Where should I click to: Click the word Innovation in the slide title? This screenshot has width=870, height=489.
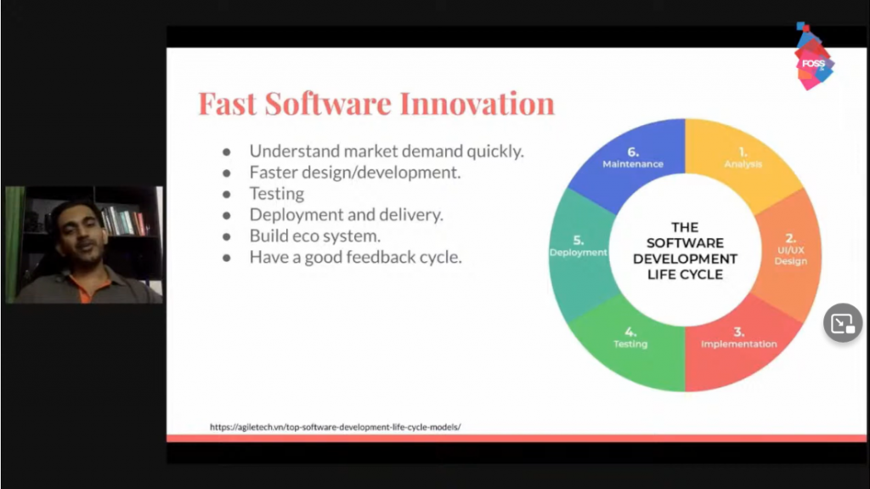click(477, 104)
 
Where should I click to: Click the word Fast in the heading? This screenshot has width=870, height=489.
click(228, 104)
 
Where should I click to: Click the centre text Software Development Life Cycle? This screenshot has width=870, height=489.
click(686, 251)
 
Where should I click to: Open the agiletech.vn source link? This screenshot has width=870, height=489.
click(335, 427)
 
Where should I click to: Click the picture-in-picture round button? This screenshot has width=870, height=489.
click(843, 323)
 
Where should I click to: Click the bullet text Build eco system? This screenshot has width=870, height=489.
click(314, 236)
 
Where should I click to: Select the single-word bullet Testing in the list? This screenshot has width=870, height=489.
click(277, 193)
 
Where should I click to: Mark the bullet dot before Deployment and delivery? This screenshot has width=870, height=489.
click(226, 215)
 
